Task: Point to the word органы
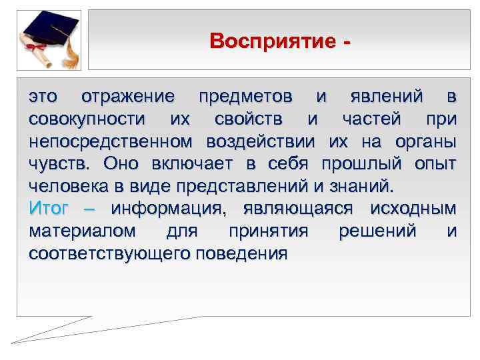424,142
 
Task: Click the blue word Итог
49,209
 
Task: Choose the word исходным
413,209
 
